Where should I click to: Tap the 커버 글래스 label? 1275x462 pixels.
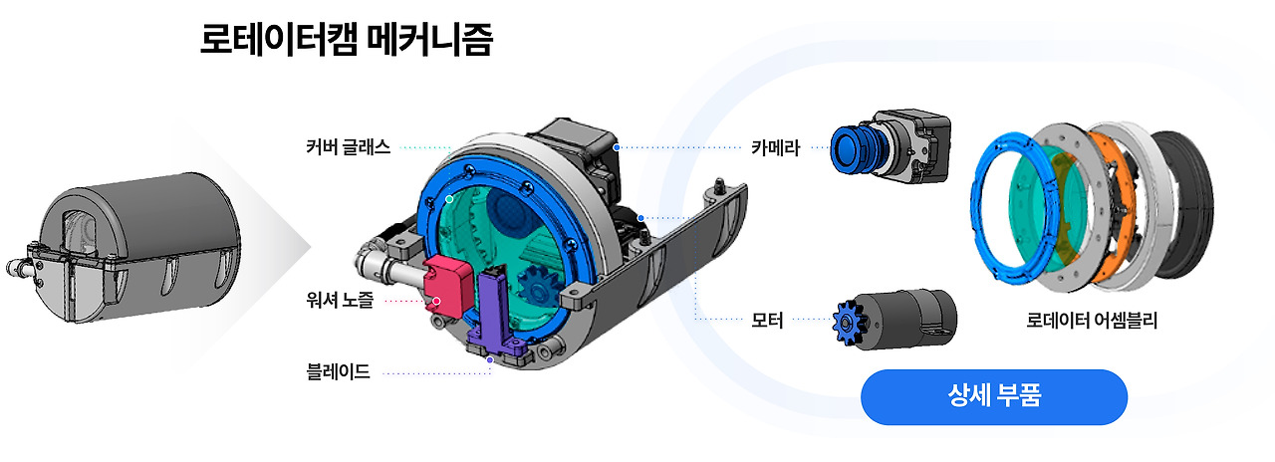click(348, 147)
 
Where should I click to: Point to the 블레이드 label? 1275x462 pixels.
click(338, 373)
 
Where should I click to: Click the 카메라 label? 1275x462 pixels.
click(775, 148)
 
